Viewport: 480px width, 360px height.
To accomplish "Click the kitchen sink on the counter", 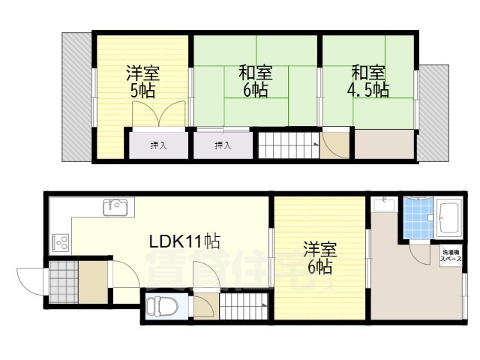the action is click(x=115, y=207).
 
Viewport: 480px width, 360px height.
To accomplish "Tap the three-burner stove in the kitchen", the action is click(x=61, y=242).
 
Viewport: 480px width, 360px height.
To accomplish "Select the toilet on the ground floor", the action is click(x=162, y=307).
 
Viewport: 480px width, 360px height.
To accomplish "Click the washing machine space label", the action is click(x=451, y=256).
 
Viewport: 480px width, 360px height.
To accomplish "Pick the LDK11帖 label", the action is click(x=184, y=241).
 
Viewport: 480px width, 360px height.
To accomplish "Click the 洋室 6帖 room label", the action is click(x=320, y=258).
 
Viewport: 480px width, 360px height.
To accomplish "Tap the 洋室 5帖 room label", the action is click(x=142, y=82).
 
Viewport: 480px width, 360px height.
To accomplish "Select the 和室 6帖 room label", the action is click(x=255, y=81).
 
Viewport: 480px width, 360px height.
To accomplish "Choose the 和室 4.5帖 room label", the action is click(x=368, y=81).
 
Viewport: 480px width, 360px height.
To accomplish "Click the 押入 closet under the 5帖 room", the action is click(x=158, y=145).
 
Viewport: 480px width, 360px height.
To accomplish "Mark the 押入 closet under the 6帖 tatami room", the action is click(x=223, y=145).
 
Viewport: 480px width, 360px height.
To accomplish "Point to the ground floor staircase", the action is click(x=244, y=306).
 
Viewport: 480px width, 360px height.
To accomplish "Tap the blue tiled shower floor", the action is click(x=418, y=217).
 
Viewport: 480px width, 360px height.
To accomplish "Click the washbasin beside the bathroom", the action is click(x=384, y=204).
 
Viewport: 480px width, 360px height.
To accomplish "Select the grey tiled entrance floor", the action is click(x=63, y=282).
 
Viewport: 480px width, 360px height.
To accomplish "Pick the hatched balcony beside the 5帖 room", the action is click(x=76, y=97).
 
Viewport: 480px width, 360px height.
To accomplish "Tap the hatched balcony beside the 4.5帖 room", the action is click(x=433, y=113).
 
